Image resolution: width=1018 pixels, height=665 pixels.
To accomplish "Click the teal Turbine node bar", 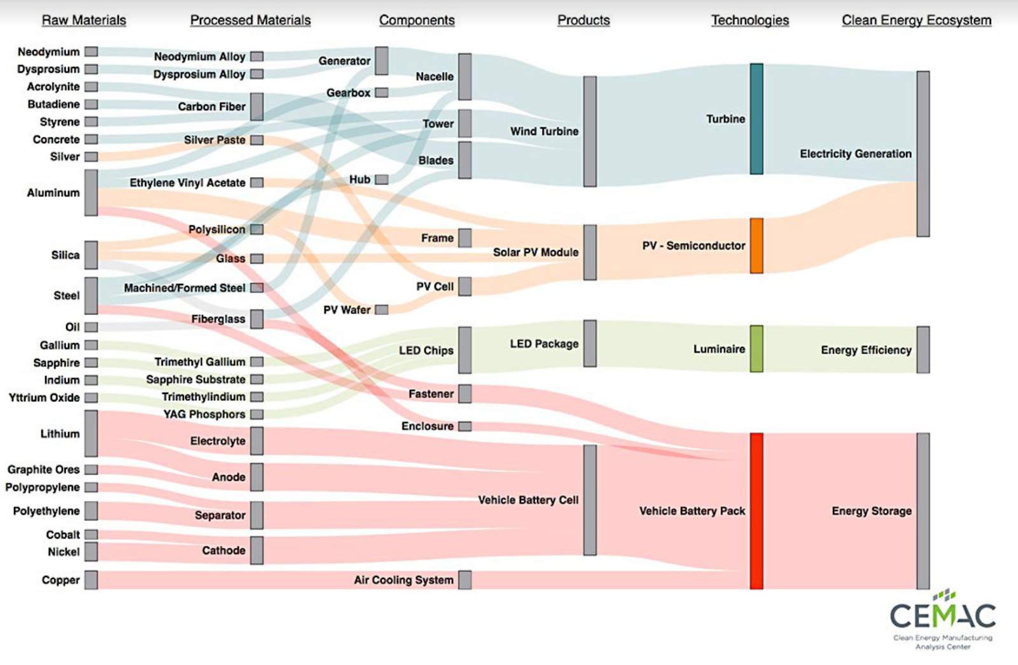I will click(x=756, y=118).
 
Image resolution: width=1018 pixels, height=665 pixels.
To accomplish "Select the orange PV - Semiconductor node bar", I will click(x=756, y=246).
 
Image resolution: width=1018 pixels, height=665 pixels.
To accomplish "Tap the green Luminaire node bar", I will click(x=756, y=349).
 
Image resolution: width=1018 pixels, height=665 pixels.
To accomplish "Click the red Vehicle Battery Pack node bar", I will click(x=756, y=511).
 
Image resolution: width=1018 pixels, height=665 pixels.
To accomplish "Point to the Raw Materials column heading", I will click(x=84, y=20).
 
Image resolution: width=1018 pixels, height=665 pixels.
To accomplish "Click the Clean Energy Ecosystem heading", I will click(x=916, y=20).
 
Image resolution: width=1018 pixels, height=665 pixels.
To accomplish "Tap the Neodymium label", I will click(x=49, y=52).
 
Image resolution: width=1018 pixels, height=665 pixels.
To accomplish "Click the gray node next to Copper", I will click(x=91, y=580).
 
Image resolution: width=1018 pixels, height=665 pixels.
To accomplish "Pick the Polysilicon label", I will click(x=217, y=229).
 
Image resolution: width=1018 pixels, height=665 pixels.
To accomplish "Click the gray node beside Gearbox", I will click(x=381, y=93).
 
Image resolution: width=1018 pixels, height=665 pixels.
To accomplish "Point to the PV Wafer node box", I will click(x=381, y=310).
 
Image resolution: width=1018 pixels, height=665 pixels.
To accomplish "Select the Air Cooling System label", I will click(x=404, y=580).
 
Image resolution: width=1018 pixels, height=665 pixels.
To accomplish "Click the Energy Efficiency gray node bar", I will click(x=923, y=349).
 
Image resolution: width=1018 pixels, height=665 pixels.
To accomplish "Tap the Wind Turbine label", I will click(x=544, y=131).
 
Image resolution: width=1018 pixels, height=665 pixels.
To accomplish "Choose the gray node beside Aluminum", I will click(x=91, y=192).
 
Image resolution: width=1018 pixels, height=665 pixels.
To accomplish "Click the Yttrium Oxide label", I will click(x=45, y=398).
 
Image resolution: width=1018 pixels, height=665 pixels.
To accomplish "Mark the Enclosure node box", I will click(x=465, y=426).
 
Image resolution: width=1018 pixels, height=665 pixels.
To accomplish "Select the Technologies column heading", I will click(x=750, y=20).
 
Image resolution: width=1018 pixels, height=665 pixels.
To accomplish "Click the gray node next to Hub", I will click(x=381, y=179).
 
